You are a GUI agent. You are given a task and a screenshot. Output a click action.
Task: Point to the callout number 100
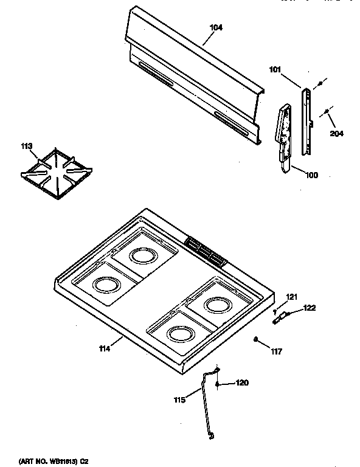click(x=311, y=176)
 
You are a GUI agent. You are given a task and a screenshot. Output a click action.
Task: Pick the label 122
click(x=310, y=308)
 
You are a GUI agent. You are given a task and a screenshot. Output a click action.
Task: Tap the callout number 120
click(x=242, y=383)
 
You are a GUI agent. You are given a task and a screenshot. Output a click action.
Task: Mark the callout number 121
click(x=292, y=297)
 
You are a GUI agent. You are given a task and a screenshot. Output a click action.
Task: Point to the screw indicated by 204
click(x=327, y=111)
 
